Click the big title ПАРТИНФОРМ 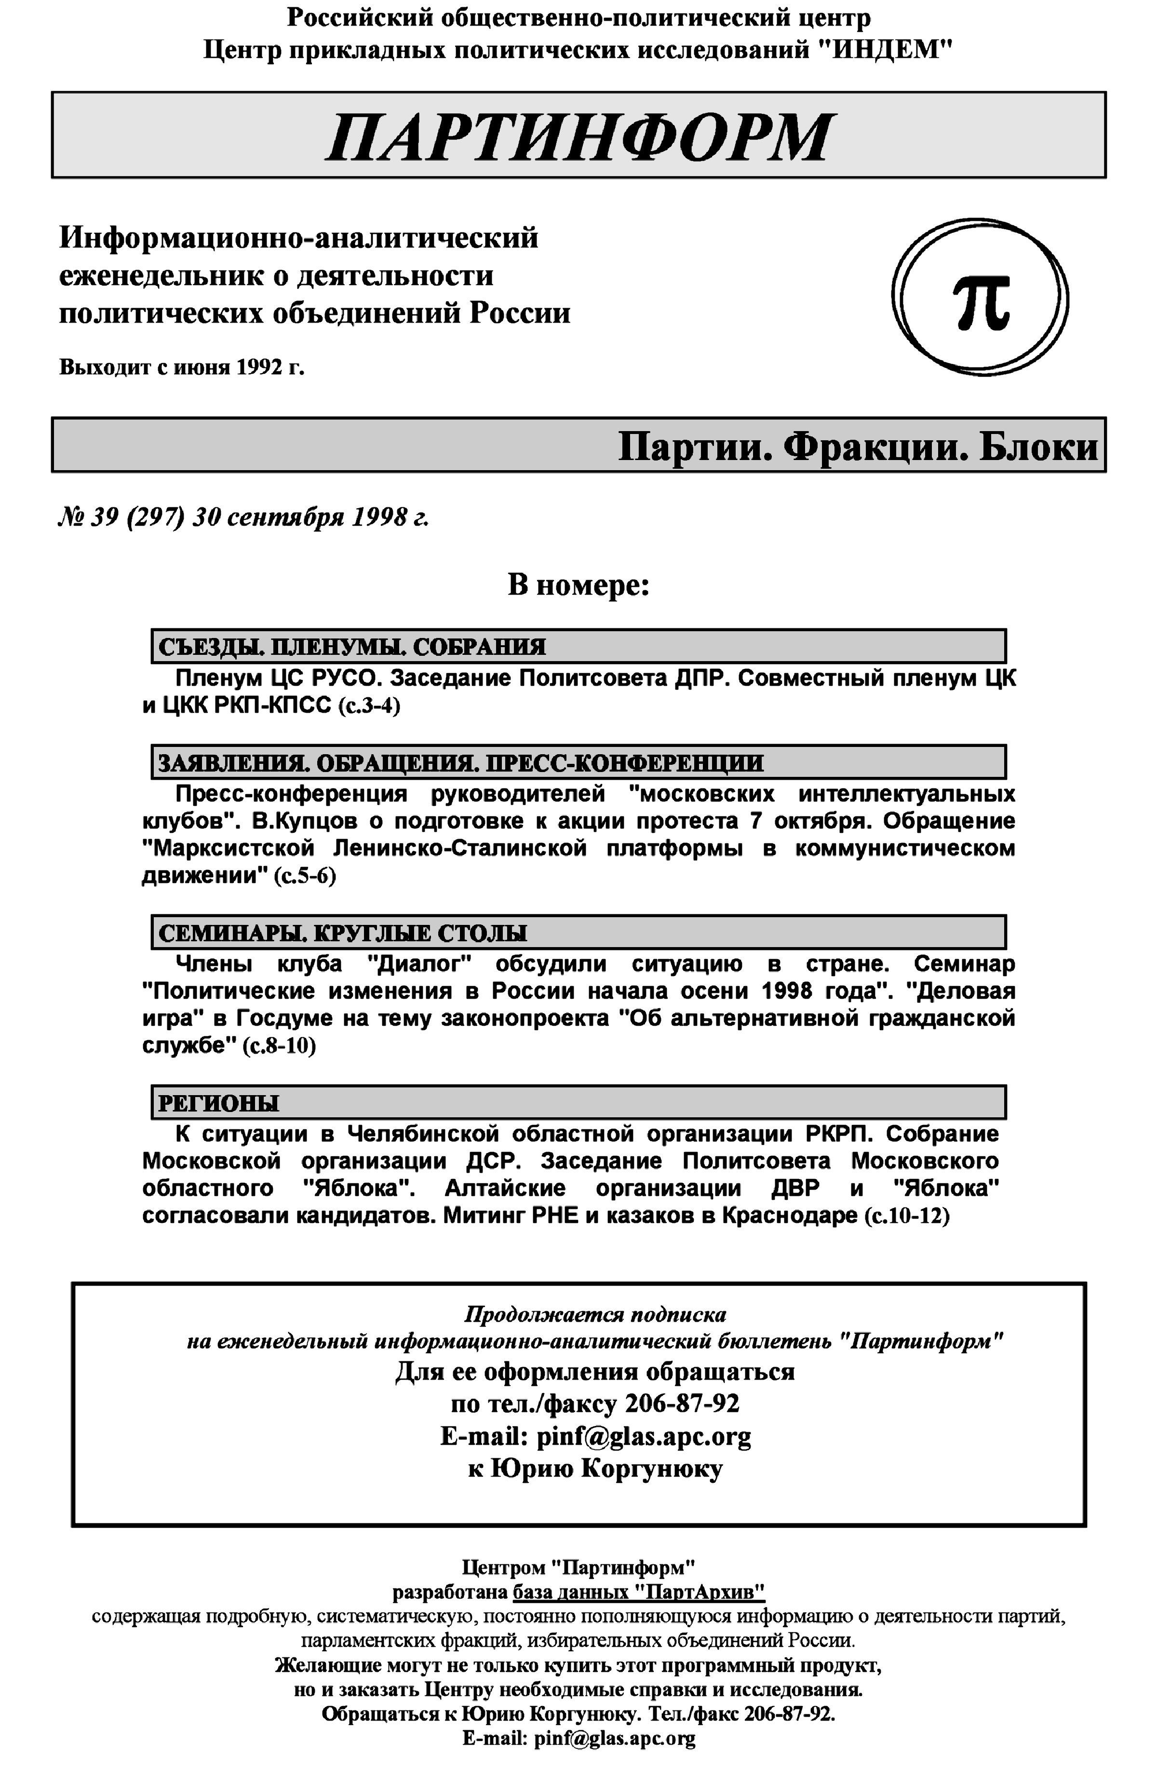[x=578, y=137]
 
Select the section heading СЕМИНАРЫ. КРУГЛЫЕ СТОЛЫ [x=343, y=933]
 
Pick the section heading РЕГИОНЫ [x=219, y=1103]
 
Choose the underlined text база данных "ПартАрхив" [x=639, y=1592]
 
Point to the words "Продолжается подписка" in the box [x=595, y=1315]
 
